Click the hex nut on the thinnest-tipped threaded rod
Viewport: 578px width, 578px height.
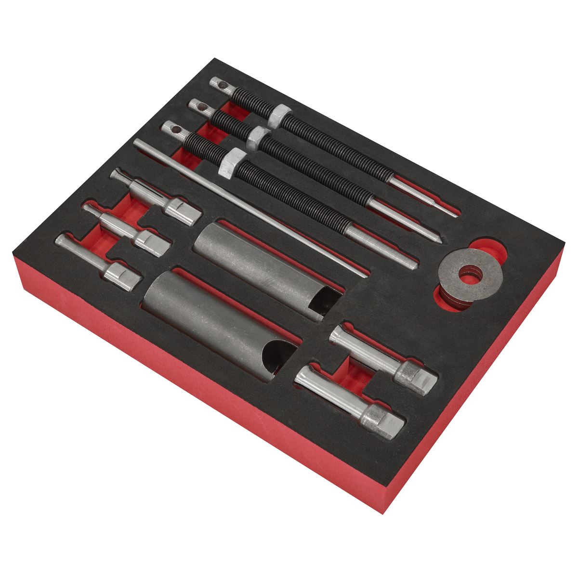277,117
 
